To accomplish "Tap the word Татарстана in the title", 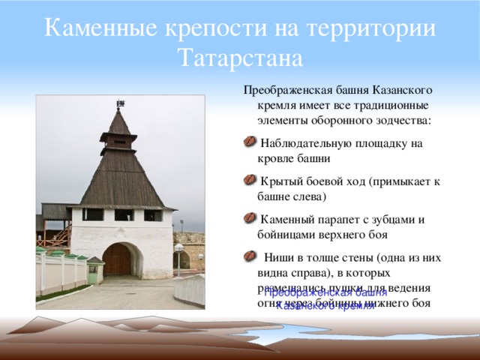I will coord(241,57).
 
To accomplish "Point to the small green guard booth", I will coord(94,269).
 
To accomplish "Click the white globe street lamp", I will coord(178,249).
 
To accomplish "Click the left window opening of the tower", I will coord(93,215).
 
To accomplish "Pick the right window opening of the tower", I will coord(152,215).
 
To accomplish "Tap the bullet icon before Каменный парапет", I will coord(250,219).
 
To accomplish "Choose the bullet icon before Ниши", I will coord(250,256).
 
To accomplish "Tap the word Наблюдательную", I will coord(314,143).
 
